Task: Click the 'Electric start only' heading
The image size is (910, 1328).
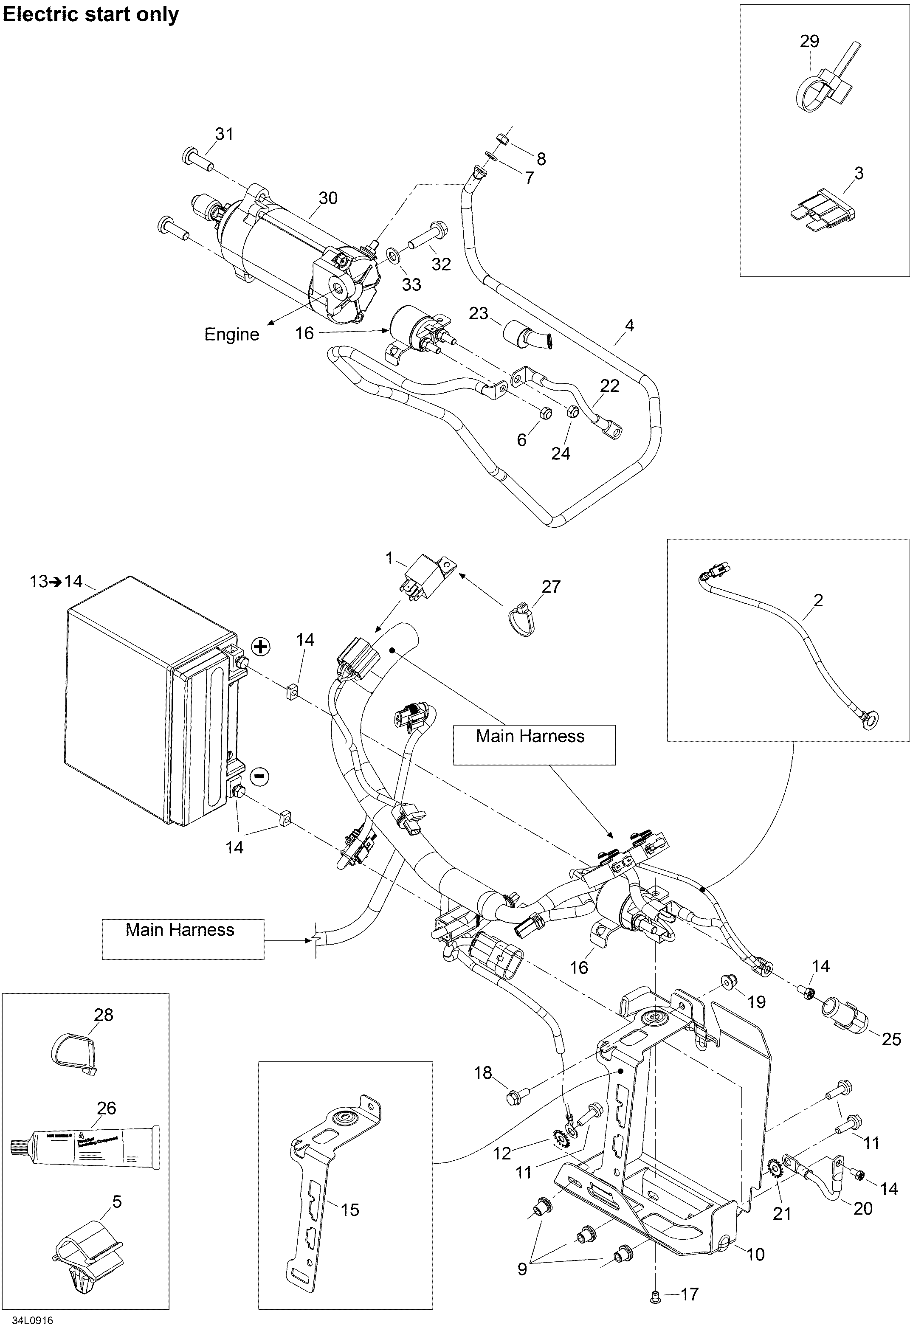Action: (90, 15)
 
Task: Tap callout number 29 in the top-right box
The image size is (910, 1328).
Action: (809, 41)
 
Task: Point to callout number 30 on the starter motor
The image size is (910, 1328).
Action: (328, 198)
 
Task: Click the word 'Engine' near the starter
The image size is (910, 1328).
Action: (231, 334)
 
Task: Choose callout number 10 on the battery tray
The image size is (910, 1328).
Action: (756, 1254)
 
